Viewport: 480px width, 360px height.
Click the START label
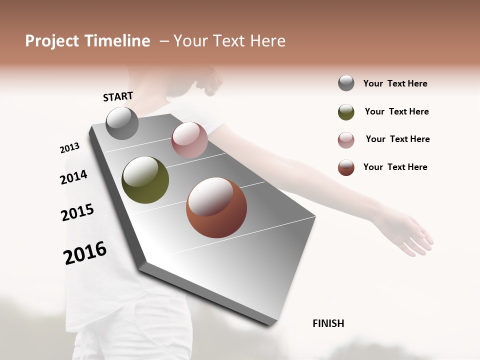118,96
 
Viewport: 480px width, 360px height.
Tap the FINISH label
328,323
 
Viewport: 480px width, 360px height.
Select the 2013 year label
69,148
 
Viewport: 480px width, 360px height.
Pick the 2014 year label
73,177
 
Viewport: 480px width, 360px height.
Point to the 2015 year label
77,212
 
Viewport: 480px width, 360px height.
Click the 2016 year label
85,253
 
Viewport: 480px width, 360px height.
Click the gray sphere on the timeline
122,123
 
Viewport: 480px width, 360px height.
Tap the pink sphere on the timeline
189,140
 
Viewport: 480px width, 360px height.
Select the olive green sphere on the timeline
145,180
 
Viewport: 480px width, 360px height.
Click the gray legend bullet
346,83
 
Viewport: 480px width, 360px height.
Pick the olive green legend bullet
346,112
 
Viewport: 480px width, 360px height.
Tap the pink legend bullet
346,140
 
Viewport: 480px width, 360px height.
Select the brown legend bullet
346,167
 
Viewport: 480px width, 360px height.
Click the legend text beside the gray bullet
395,83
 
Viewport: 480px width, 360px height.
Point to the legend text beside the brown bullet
395,167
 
